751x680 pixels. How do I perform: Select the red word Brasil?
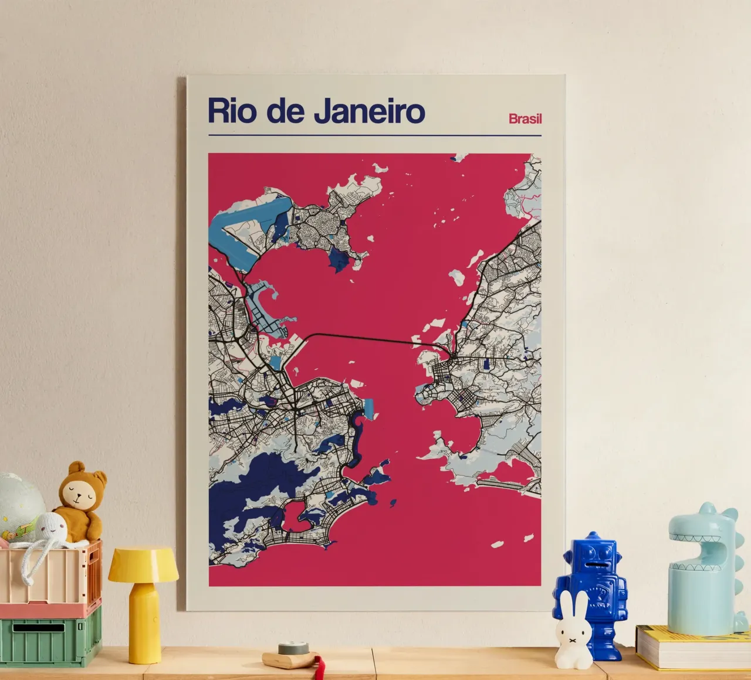click(x=525, y=118)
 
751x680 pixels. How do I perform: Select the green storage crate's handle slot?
click(x=39, y=628)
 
